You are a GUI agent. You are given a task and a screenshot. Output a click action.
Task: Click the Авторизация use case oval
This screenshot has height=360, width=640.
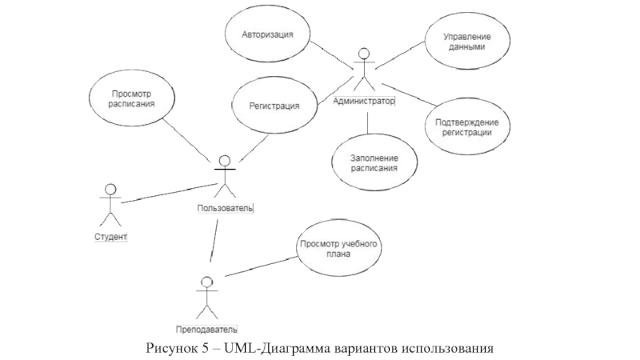coord(268,35)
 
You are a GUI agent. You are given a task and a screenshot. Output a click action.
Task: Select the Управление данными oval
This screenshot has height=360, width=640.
coord(457,42)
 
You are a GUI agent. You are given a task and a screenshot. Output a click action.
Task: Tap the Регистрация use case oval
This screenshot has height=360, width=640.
coord(274,106)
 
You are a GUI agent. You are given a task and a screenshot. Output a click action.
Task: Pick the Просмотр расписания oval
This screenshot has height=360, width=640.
coord(133,98)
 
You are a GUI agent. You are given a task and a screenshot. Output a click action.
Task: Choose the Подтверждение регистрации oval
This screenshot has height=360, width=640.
coord(468,127)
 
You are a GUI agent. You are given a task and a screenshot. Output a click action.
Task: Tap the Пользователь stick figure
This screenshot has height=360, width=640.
coord(225,176)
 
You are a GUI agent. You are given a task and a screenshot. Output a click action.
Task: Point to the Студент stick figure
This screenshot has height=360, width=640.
coord(110,205)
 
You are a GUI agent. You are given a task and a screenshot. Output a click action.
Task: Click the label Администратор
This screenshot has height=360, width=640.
coord(364,101)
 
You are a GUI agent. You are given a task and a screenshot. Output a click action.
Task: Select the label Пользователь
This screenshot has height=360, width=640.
coord(225,208)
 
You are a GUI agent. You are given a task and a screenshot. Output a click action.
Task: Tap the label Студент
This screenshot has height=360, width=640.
coord(110,237)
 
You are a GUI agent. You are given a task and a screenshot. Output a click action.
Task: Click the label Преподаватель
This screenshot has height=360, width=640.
coord(206,329)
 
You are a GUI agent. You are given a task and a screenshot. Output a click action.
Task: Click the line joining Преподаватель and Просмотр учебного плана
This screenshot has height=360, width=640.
coord(260,266)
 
